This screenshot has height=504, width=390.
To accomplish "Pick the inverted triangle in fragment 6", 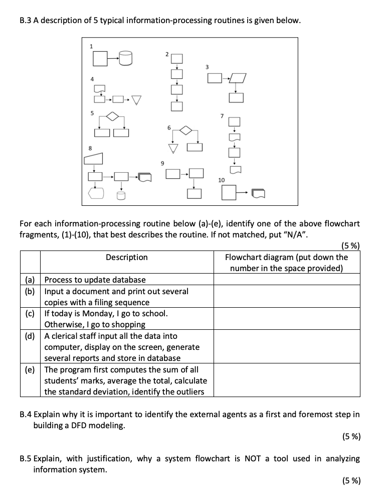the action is [173, 148].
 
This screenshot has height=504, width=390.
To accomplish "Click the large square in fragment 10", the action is [229, 193].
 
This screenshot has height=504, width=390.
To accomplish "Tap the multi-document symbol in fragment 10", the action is [258, 193].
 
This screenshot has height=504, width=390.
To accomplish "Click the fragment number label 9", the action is [162, 163].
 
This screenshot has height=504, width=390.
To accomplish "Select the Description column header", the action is [127, 257].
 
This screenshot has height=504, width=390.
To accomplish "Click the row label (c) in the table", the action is [30, 313].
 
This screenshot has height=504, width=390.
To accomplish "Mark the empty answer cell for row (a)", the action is [287, 280].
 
